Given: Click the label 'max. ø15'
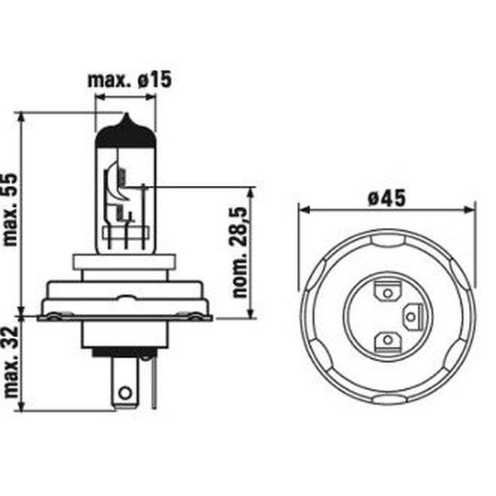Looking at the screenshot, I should pos(129,79).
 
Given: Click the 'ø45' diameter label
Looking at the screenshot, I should pos(387,198).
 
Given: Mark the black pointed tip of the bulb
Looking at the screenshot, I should pos(125,121).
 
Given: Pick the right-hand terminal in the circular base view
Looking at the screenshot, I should pos(412,315).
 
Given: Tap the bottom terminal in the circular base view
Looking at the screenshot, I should pos(385,341).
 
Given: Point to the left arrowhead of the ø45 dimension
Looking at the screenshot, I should pos(303,209).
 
